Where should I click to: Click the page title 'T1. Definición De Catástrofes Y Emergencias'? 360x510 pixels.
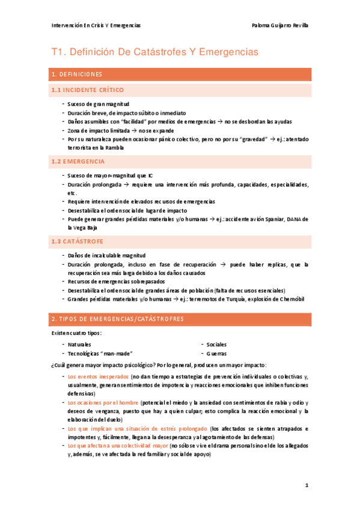154,52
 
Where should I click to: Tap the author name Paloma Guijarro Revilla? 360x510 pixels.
281,25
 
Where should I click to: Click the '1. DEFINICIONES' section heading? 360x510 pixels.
77,75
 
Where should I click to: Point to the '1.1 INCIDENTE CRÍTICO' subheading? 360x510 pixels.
88,90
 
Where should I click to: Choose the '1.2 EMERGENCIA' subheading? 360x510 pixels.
78,162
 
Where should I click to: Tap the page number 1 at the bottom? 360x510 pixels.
306,485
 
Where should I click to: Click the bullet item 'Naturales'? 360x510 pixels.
79,345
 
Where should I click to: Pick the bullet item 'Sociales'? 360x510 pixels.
216,345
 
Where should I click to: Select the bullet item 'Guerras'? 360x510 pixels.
216,354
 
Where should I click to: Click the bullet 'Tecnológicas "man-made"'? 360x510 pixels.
100,354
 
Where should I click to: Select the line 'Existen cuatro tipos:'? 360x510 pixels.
76,333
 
